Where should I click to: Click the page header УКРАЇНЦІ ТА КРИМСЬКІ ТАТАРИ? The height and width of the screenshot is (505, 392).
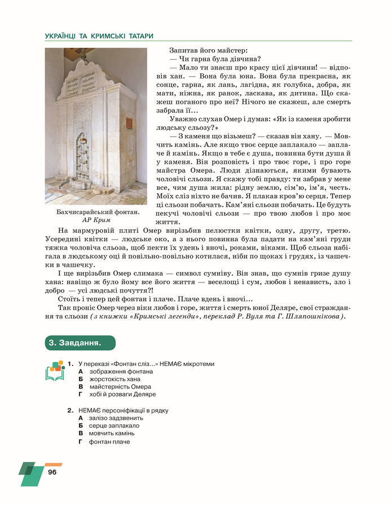click(x=99, y=36)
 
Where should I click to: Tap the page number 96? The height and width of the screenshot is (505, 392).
click(x=52, y=472)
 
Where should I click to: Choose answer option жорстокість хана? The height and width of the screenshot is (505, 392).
click(x=114, y=379)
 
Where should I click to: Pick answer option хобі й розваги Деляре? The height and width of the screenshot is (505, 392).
click(x=122, y=394)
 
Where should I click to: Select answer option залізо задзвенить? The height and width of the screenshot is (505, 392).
click(x=116, y=418)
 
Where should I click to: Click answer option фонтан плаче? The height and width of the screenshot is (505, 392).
click(x=109, y=441)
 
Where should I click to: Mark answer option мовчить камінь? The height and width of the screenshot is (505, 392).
click(x=112, y=433)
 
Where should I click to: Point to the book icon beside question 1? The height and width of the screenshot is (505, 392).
click(x=54, y=371)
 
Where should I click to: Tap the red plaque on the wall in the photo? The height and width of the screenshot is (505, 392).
click(x=129, y=123)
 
